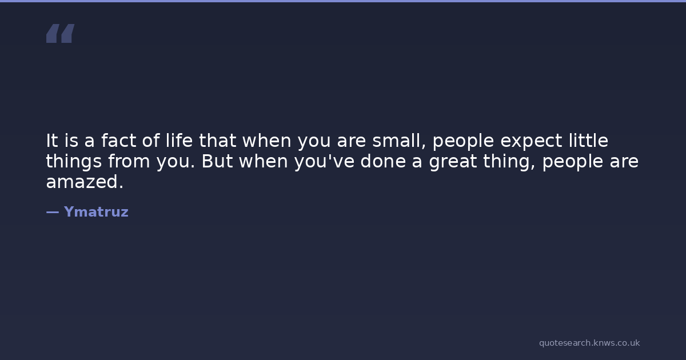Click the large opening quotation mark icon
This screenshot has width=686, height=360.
pos(61,33)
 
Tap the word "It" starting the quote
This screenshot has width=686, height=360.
pos(52,141)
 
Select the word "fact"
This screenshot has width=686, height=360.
pos(118,141)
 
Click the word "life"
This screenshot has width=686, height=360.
pos(179,140)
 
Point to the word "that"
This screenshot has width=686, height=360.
pos(217,140)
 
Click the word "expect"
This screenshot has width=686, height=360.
pos(531,142)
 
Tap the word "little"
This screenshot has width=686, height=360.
pos(588,140)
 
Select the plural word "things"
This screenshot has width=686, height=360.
pos(74,162)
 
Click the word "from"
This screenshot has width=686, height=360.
pos(129,161)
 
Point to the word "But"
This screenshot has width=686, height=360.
pos(217,161)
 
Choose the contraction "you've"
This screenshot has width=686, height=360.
pos(324,162)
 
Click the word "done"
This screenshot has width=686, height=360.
pos(383,161)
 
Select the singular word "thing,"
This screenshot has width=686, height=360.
pos(509,162)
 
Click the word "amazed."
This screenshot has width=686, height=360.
pos(85,182)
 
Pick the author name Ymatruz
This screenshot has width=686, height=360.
pos(96,212)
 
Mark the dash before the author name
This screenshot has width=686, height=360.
pos(53,212)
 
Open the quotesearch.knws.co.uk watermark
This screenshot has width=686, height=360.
pos(589,343)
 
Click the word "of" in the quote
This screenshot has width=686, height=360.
pos(151,140)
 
